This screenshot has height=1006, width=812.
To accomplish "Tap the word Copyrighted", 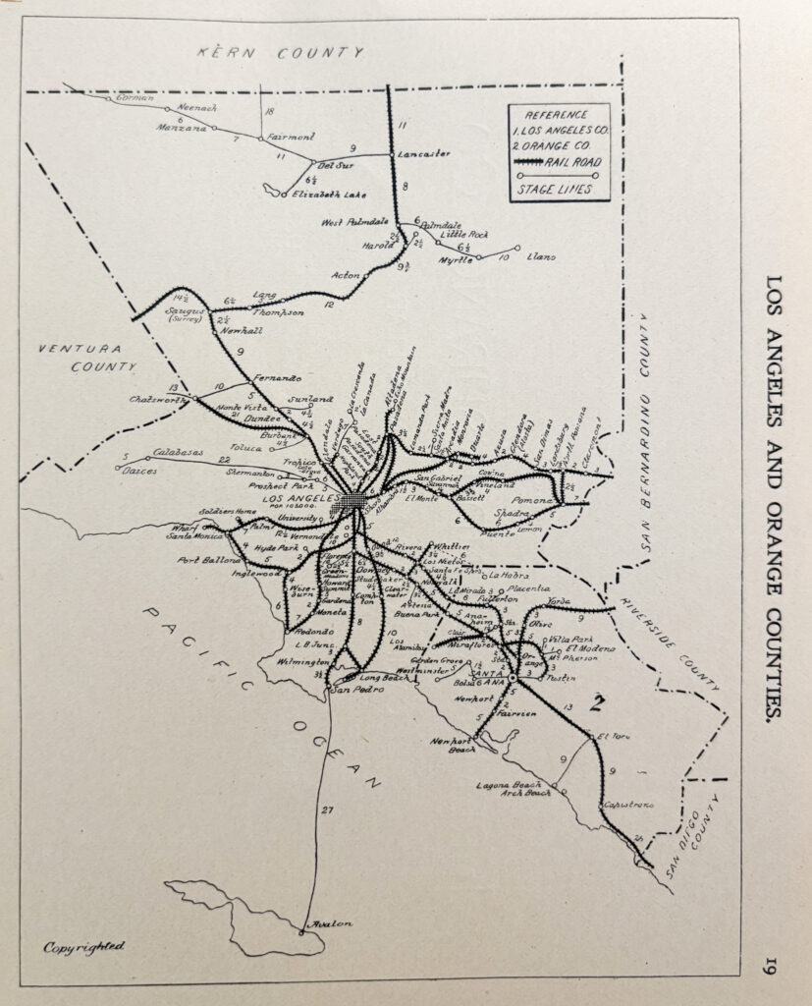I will (83, 946).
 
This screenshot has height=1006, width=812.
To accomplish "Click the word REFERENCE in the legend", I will (556, 115).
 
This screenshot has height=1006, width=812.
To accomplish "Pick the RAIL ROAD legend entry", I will (573, 162).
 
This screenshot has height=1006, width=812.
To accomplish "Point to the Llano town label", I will (541, 256).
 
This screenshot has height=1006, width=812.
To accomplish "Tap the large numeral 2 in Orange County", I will (594, 702).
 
